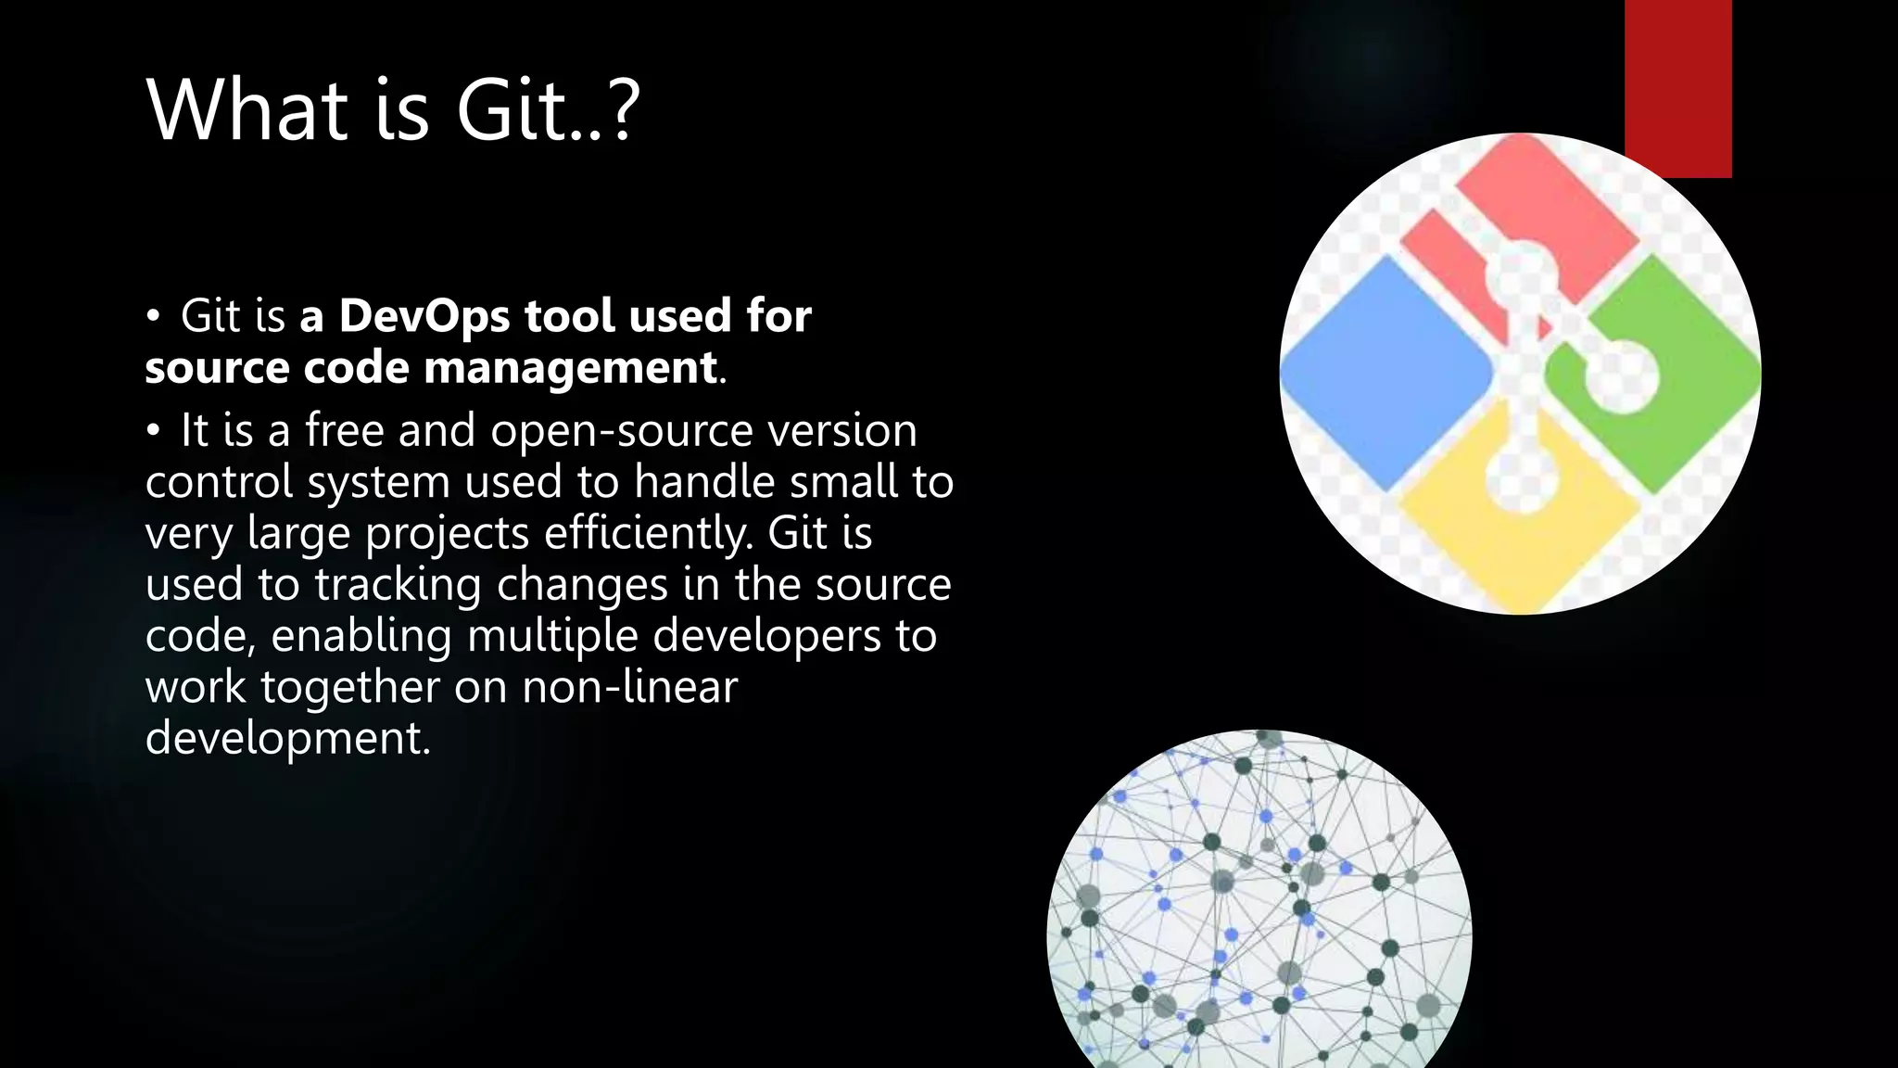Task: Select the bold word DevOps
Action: [424, 315]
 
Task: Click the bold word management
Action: [570, 367]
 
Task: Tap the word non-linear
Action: [629, 687]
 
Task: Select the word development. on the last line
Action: [288, 739]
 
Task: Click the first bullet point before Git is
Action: [154, 316]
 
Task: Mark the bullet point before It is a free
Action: [154, 431]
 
